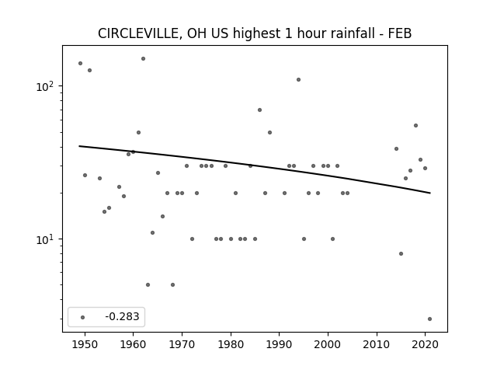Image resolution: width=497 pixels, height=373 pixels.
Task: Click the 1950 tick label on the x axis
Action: (85, 344)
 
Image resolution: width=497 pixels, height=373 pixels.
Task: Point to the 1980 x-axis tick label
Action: (231, 344)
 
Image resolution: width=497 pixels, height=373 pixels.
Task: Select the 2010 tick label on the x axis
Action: (377, 344)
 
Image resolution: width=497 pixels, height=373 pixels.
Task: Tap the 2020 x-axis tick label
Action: (426, 344)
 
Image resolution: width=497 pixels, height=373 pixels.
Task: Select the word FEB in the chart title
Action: (400, 33)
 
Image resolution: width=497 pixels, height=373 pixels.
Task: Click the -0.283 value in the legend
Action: (122, 316)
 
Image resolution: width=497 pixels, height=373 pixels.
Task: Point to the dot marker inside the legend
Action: (83, 317)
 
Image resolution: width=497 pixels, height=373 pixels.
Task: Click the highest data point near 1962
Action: (143, 59)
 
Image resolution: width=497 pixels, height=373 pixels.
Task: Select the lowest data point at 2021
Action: (429, 319)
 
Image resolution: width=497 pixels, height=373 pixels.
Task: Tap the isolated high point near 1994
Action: (298, 79)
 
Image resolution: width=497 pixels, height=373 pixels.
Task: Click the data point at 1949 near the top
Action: (80, 64)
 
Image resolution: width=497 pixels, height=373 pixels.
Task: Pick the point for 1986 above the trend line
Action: (259, 110)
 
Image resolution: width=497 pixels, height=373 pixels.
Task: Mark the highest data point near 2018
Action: (416, 126)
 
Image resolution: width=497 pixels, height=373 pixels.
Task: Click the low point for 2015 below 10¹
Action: (401, 254)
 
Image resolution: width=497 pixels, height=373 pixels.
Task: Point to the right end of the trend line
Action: (430, 193)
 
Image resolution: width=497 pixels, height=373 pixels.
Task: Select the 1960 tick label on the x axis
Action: (133, 344)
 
